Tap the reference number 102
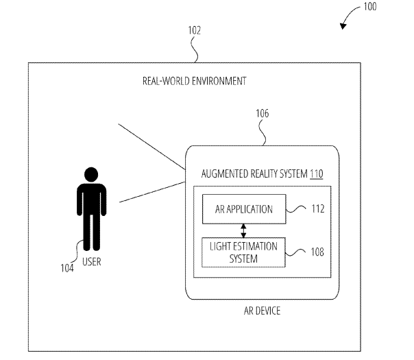(194, 30)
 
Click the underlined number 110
(316, 174)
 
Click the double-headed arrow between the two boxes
(243, 231)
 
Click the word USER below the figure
(91, 261)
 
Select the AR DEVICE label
(261, 311)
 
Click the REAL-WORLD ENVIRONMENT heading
(194, 81)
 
